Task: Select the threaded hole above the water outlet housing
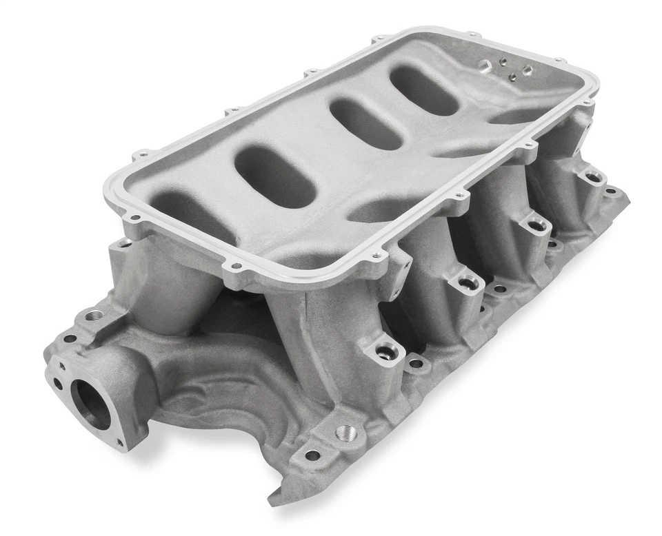pyautogui.click(x=94, y=316)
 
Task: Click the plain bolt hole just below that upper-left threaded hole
pyautogui.click(x=70, y=339)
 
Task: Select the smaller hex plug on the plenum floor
pyautogui.click(x=527, y=70)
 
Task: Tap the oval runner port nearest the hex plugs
pyautogui.click(x=424, y=90)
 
